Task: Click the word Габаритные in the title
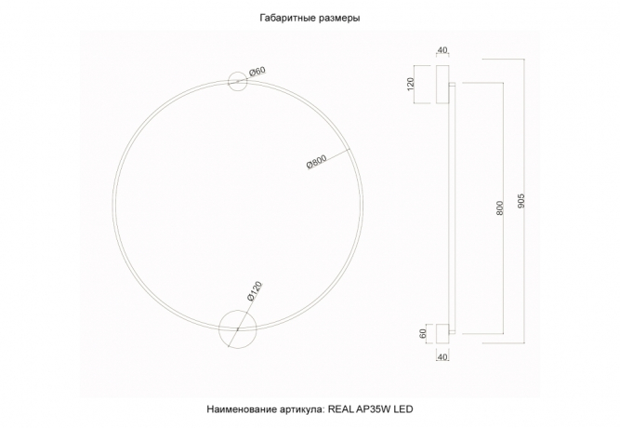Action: click(284, 19)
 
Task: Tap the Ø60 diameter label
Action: click(257, 72)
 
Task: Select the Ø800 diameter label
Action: click(317, 162)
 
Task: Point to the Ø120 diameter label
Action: click(255, 292)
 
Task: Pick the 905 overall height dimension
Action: click(521, 201)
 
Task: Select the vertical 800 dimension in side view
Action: click(500, 208)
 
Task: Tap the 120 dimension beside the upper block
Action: click(411, 85)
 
